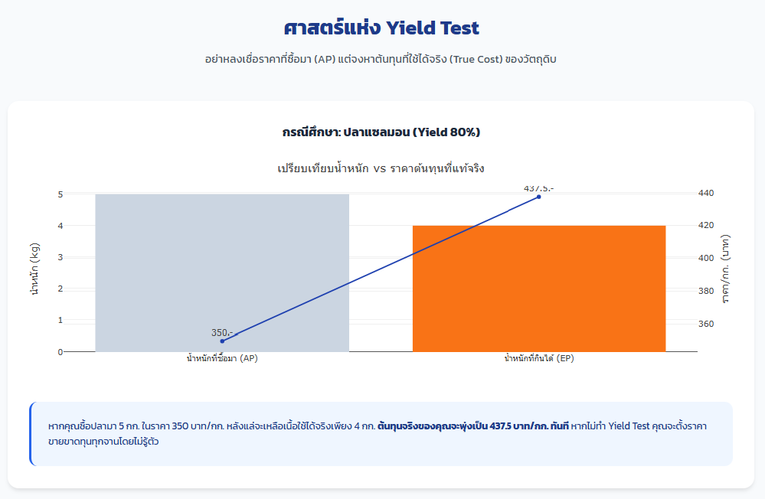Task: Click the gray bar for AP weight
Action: coord(222,272)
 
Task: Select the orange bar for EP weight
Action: coord(539,289)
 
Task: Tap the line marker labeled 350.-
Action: coord(223,341)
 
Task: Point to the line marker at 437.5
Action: coord(538,197)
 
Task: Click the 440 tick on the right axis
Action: coord(706,193)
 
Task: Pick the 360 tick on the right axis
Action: coord(706,324)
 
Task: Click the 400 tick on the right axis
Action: coord(706,258)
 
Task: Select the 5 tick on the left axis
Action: coord(60,194)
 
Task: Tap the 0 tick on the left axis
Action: coord(60,352)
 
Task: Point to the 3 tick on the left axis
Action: coord(60,257)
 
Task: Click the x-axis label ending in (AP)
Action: coord(222,358)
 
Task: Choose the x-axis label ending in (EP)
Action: coord(539,358)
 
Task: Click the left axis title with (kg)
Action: coord(34,269)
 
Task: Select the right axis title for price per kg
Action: coord(725,269)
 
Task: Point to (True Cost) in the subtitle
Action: coord(476,60)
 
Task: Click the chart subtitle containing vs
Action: coord(381,169)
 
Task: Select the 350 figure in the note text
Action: coord(180,426)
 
